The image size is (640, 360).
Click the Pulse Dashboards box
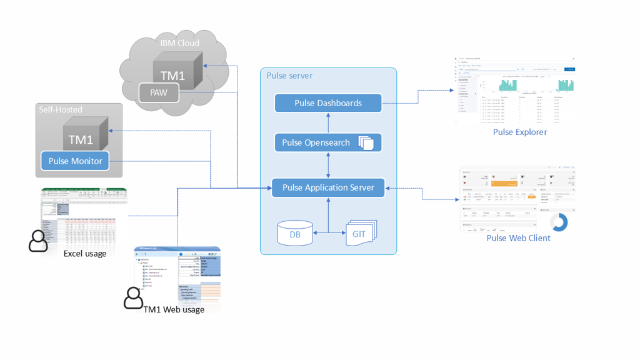328,103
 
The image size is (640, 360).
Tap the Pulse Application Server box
328,187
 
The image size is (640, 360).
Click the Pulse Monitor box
75,161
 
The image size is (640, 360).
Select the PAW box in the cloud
159,93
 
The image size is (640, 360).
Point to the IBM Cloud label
179,43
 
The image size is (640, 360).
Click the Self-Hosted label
61,109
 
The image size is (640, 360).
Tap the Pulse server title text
289,76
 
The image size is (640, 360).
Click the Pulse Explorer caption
519,132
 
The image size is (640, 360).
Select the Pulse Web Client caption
518,238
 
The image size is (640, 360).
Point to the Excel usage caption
85,254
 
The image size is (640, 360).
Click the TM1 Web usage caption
174,309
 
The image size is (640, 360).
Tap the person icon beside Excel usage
38,241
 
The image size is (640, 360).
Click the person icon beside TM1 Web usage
133,298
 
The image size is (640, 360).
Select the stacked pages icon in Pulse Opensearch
366,143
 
